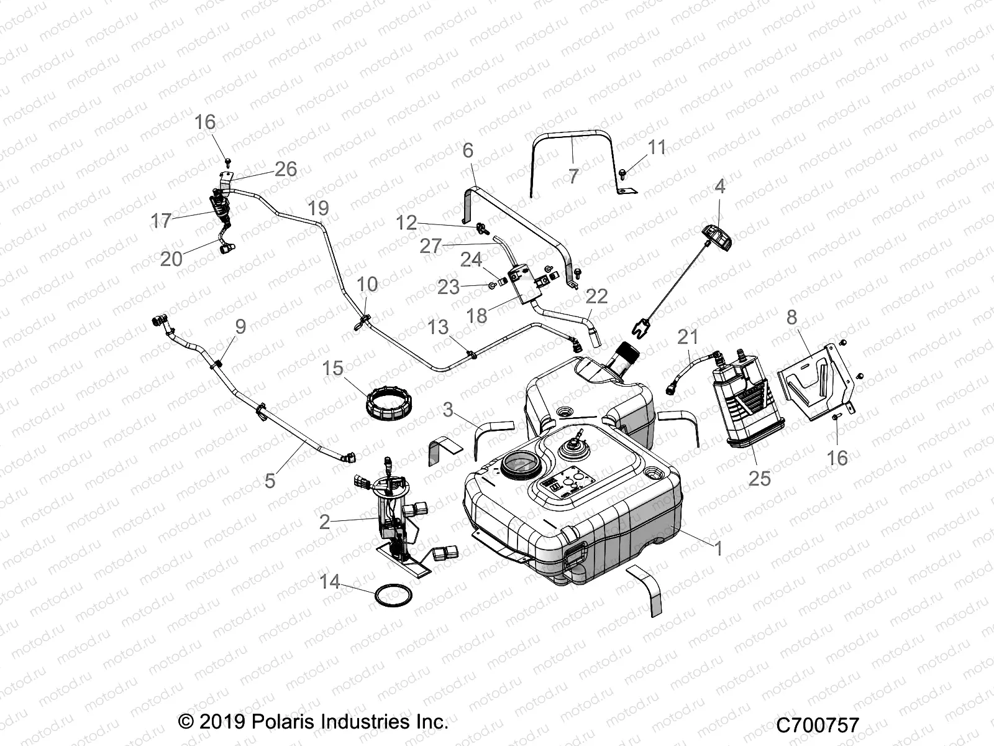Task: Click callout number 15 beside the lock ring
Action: (x=332, y=368)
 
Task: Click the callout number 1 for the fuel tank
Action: (x=718, y=549)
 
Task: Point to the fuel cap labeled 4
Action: (x=719, y=236)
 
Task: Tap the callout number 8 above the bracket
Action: (x=791, y=317)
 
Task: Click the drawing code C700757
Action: (x=817, y=725)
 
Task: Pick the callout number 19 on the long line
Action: (x=318, y=208)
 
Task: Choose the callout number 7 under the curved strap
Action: (x=573, y=176)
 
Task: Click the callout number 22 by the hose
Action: (x=596, y=296)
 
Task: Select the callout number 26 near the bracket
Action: (x=285, y=168)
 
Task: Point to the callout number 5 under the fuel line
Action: (x=270, y=480)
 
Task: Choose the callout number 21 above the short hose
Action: (x=688, y=337)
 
